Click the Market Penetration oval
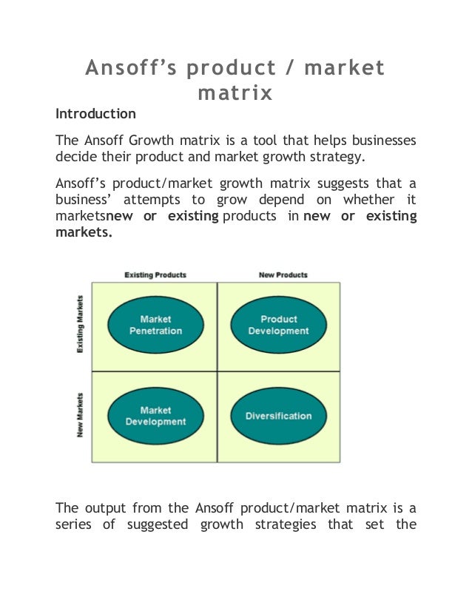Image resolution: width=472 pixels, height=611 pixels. (155, 325)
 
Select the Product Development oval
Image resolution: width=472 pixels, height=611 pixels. (278, 325)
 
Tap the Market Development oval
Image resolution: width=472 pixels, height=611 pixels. (155, 416)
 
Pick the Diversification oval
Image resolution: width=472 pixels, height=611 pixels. (278, 416)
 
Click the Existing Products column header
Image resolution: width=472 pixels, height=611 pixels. (155, 275)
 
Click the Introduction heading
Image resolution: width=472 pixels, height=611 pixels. (96, 114)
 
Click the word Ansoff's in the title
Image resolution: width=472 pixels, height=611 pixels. (130, 69)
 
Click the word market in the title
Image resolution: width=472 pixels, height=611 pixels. (345, 69)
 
